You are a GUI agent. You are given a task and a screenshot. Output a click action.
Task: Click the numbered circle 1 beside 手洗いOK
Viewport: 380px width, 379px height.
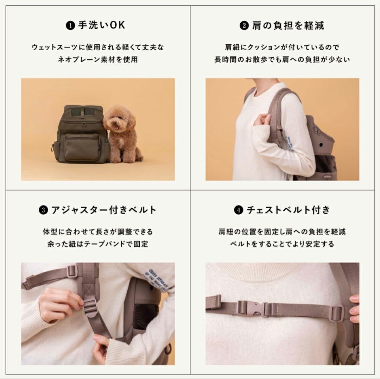(71, 26)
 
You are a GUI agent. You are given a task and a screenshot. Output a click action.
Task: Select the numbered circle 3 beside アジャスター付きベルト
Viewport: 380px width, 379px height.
(43, 211)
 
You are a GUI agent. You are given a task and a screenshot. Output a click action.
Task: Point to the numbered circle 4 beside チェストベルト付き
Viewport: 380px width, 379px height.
(238, 211)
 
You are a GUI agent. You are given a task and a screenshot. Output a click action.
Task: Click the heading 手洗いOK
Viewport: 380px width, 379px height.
(101, 26)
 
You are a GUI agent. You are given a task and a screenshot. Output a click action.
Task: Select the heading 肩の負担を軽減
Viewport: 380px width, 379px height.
(287, 26)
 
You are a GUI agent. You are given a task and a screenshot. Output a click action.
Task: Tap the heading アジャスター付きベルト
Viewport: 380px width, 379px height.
(103, 210)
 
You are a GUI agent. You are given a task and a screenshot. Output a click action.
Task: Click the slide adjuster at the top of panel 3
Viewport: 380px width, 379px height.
(72, 271)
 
